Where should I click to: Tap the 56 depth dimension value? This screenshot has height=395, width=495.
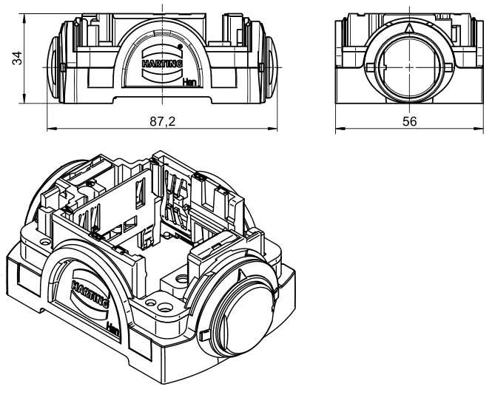(x=409, y=120)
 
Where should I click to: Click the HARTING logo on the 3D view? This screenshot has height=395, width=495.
(x=90, y=292)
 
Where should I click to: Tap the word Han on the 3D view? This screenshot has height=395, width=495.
(x=114, y=326)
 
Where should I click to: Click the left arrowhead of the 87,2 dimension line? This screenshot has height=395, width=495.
(x=51, y=127)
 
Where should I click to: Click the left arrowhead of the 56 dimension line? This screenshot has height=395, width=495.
(x=340, y=127)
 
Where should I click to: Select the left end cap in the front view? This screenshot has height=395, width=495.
(x=53, y=63)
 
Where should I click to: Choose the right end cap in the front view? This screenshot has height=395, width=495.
(x=272, y=63)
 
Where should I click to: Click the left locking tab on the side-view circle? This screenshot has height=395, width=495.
(x=368, y=67)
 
